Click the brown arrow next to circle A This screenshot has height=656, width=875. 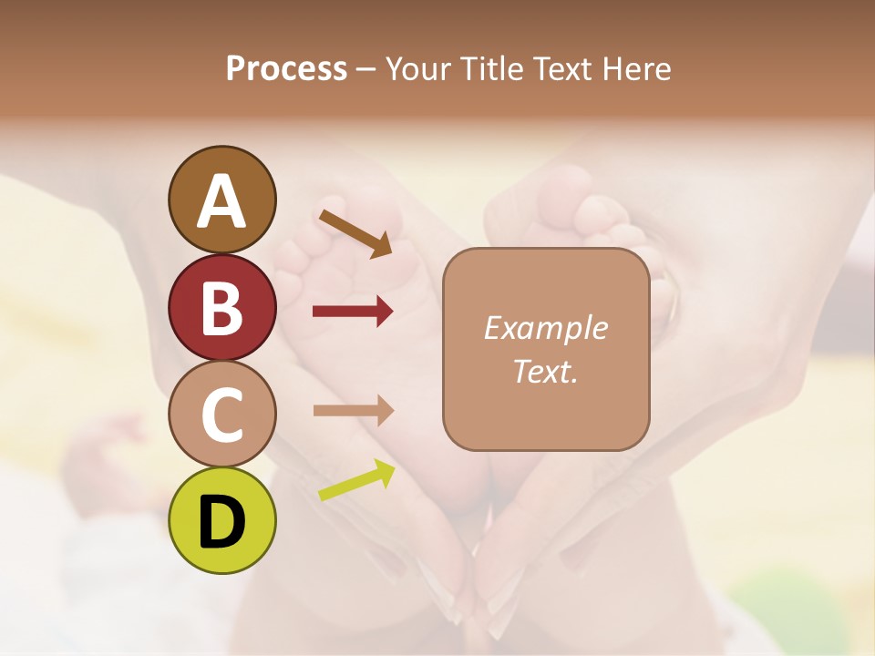pyautogui.click(x=355, y=233)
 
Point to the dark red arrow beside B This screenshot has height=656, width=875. pyautogui.click(x=353, y=312)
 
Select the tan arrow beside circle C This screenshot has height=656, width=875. pyautogui.click(x=353, y=410)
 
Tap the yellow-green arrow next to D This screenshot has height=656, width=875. pyautogui.click(x=356, y=481)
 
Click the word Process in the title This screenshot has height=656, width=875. pyautogui.click(x=286, y=68)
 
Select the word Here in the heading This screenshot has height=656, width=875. pyautogui.click(x=637, y=68)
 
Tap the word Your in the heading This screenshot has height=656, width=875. pyautogui.click(x=418, y=68)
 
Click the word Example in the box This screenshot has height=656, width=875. pyautogui.click(x=545, y=328)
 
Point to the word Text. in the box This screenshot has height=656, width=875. pyautogui.click(x=545, y=371)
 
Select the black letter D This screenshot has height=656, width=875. pyautogui.click(x=221, y=521)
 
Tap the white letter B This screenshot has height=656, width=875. pyautogui.click(x=221, y=308)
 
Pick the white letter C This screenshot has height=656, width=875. pyautogui.click(x=221, y=415)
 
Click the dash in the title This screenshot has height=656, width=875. pyautogui.click(x=366, y=70)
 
